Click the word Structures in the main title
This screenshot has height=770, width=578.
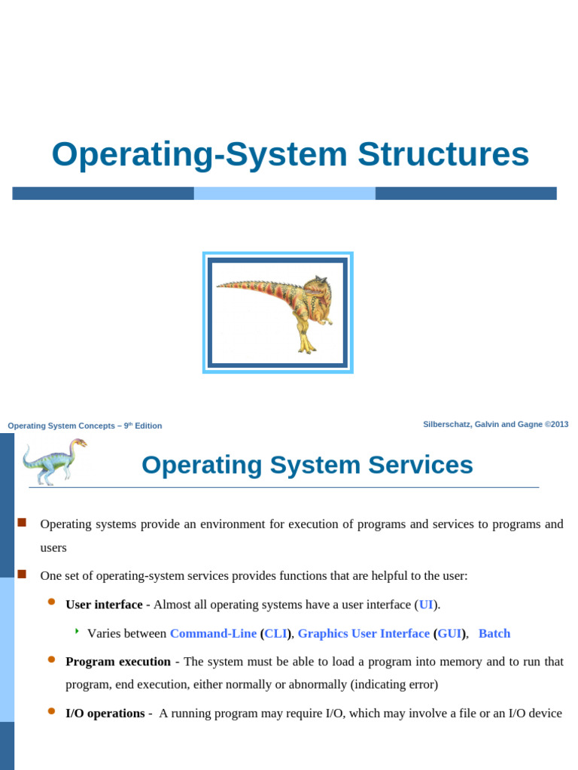pyautogui.click(x=443, y=155)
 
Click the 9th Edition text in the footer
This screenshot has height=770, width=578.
pyautogui.click(x=143, y=426)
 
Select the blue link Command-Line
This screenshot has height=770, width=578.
pyautogui.click(x=213, y=633)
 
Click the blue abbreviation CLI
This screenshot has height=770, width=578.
pyautogui.click(x=276, y=633)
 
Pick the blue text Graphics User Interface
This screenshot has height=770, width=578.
pyautogui.click(x=364, y=633)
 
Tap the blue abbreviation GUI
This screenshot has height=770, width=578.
pyautogui.click(x=449, y=633)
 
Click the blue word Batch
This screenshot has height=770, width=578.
pyautogui.click(x=494, y=633)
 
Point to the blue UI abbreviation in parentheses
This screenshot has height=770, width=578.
pyautogui.click(x=426, y=605)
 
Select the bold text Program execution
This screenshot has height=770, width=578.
pyautogui.click(x=118, y=662)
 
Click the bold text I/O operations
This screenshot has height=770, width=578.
pyautogui.click(x=105, y=713)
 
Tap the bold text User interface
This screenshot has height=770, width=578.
pyautogui.click(x=104, y=605)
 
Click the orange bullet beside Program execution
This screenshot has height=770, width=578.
pyautogui.click(x=52, y=659)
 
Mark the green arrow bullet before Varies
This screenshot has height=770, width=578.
pyautogui.click(x=77, y=631)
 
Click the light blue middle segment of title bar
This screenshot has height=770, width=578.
pyautogui.click(x=284, y=193)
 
